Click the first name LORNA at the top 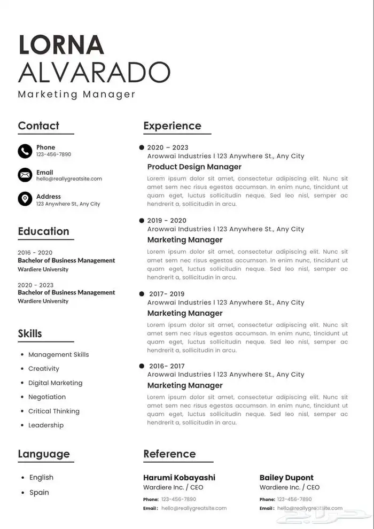(x=61, y=45)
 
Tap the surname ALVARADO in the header (x=94, y=72)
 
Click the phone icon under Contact (x=25, y=151)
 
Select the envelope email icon (x=25, y=175)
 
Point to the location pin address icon (x=25, y=199)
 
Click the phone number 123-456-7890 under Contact (x=53, y=154)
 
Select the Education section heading (x=43, y=231)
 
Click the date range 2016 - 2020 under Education (x=35, y=253)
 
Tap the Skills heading (x=30, y=333)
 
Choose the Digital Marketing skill (x=55, y=383)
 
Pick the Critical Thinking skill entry (x=53, y=411)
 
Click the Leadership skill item (x=45, y=425)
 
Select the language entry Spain (x=39, y=493)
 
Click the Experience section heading (x=172, y=126)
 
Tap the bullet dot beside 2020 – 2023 (x=142, y=147)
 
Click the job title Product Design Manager (x=194, y=167)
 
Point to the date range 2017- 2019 (x=167, y=294)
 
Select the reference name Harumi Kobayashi (x=179, y=478)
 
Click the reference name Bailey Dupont (x=286, y=478)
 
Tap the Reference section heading (x=169, y=454)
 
